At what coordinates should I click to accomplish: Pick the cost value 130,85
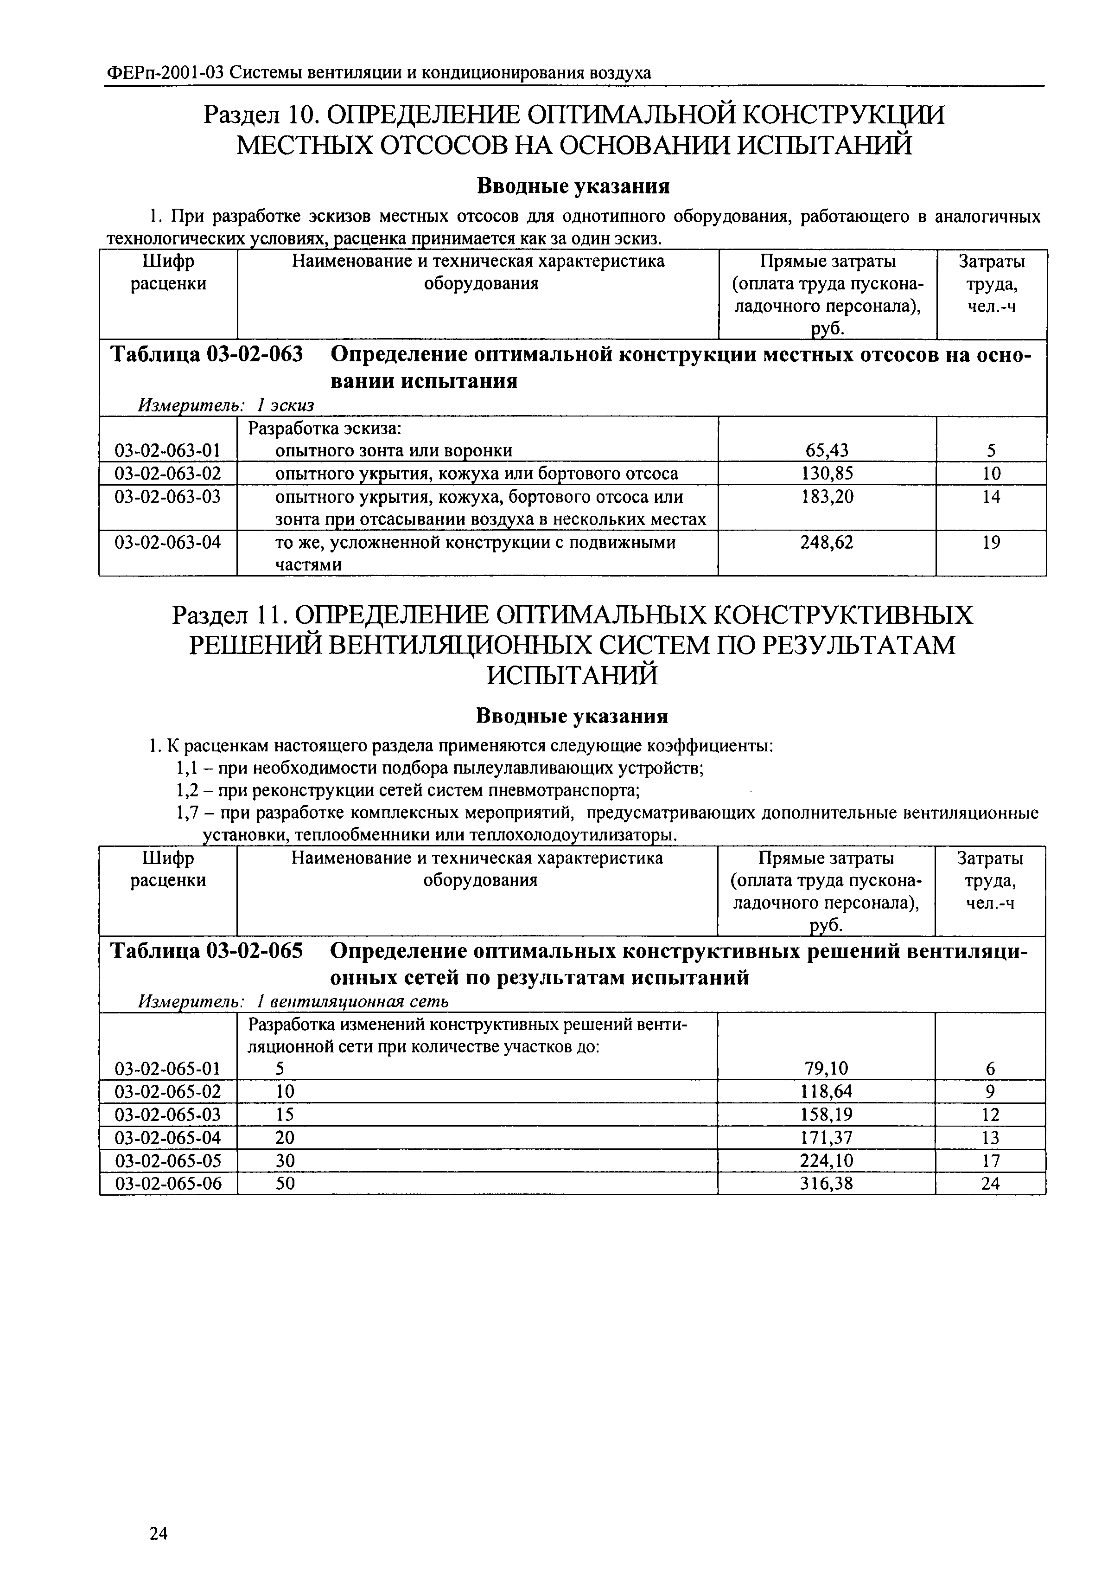(828, 474)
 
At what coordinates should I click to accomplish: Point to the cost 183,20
(828, 497)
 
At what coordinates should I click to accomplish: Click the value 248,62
(828, 543)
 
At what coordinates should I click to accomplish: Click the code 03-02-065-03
(168, 1115)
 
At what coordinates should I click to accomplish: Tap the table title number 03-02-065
(254, 952)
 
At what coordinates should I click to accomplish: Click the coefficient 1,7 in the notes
(188, 814)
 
